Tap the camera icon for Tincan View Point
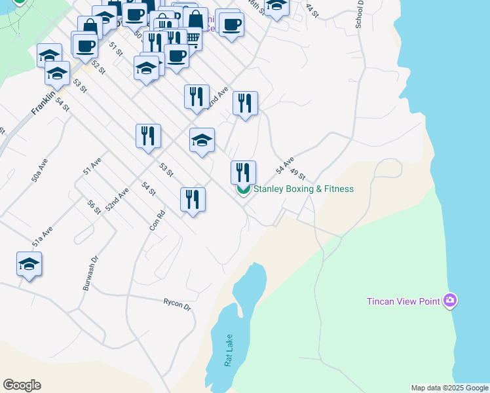450,301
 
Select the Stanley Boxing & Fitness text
303,189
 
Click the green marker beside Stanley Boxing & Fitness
243,189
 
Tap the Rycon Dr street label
177,304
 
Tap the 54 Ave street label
284,165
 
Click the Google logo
22,385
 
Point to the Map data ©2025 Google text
449,388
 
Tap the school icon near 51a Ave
29,265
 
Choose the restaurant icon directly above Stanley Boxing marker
243,172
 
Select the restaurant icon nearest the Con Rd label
193,199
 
